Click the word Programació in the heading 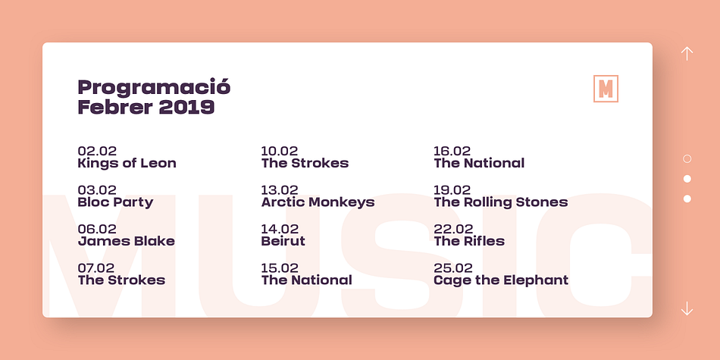tap(154, 88)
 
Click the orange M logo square tap(606, 89)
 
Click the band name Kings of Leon tap(127, 164)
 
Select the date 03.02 tap(97, 190)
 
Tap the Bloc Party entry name tap(115, 202)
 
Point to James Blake tap(127, 242)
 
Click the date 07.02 tap(96, 268)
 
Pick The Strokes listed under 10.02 tap(305, 164)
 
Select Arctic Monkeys tap(318, 202)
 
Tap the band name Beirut tap(283, 242)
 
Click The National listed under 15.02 tap(307, 280)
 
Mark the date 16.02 tap(452, 151)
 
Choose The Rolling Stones tap(501, 202)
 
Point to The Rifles tap(469, 242)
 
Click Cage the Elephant tap(501, 280)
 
